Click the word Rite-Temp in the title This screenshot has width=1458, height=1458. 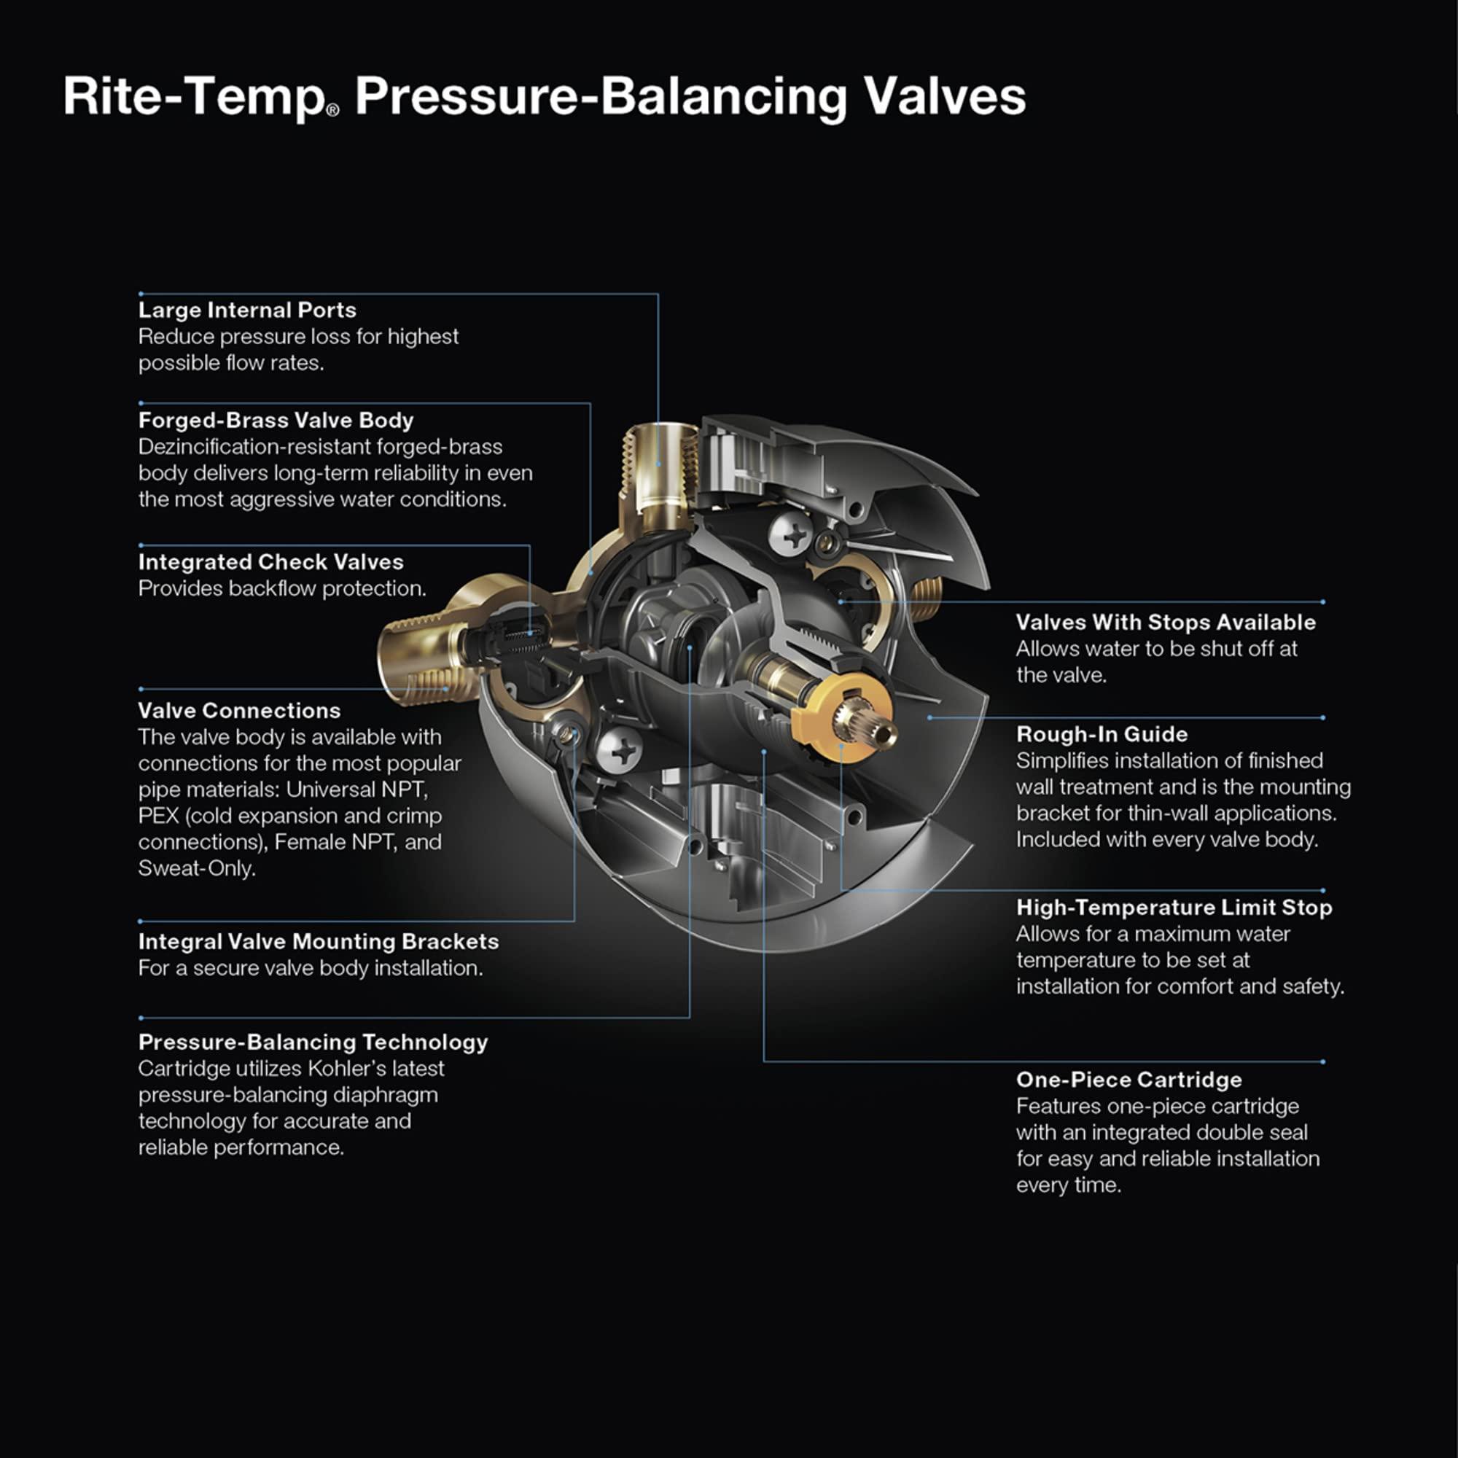tap(193, 97)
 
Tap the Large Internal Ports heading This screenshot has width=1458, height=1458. tap(247, 310)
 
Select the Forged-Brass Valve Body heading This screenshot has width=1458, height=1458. tap(276, 421)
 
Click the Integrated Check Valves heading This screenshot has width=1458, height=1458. tap(270, 562)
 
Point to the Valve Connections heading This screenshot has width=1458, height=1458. tap(238, 711)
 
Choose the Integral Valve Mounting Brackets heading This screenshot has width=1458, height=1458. tap(318, 942)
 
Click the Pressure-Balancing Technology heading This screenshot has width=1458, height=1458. tap(313, 1042)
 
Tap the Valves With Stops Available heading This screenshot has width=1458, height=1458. tap(1165, 623)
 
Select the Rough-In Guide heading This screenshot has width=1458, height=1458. tap(1102, 734)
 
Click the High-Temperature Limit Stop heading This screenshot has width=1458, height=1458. tap(1174, 908)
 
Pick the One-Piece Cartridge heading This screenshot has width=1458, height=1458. tap(1128, 1080)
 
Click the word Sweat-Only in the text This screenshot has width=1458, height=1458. tap(196, 869)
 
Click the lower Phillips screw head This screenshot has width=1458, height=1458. tap(620, 750)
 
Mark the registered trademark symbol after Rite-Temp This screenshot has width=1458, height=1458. tap(333, 110)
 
